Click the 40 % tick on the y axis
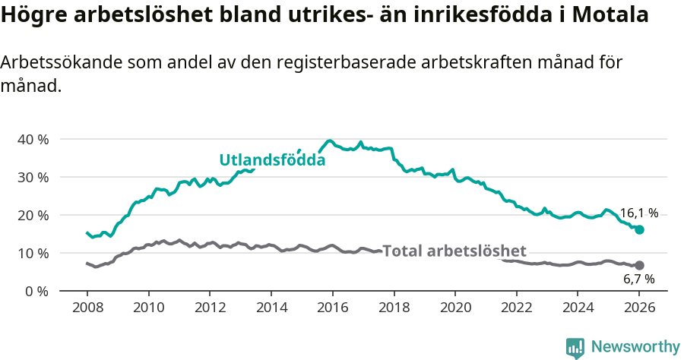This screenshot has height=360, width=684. (x=33, y=139)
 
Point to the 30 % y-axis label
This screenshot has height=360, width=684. (x=33, y=177)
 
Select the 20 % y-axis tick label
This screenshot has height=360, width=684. (x=33, y=215)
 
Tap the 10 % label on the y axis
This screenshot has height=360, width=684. (x=33, y=253)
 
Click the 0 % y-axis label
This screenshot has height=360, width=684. (x=36, y=291)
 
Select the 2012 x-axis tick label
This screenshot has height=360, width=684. (x=210, y=308)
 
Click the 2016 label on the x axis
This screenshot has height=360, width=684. (x=332, y=308)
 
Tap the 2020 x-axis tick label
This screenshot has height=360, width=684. (x=455, y=308)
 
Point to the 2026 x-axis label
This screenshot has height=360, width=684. (x=639, y=308)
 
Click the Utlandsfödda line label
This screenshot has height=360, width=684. (x=272, y=160)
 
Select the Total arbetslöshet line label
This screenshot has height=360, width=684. (x=454, y=251)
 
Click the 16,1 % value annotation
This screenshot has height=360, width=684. (x=639, y=213)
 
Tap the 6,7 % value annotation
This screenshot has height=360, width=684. (x=638, y=279)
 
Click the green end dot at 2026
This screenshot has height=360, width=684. (x=639, y=229)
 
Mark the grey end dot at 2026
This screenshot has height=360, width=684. (x=639, y=265)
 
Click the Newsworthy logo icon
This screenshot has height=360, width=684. (x=575, y=347)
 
